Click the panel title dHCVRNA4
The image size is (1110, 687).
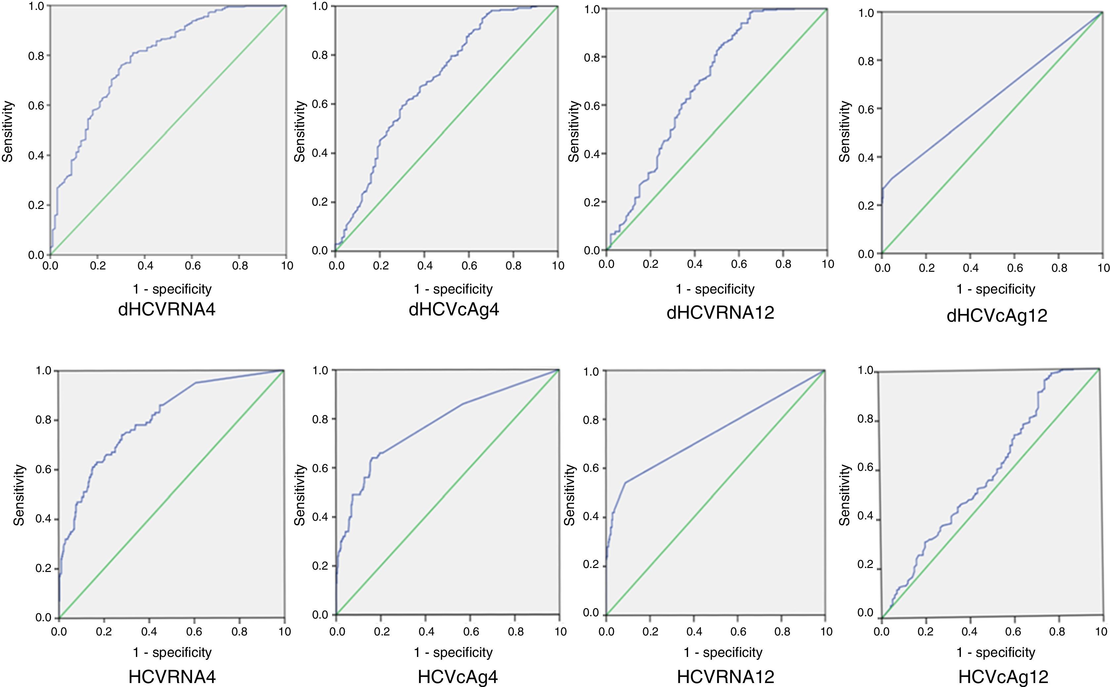coord(166,310)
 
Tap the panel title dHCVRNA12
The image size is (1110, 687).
coord(720,313)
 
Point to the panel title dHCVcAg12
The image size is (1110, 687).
coord(997,316)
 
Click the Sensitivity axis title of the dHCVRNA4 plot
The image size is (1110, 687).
coord(8,132)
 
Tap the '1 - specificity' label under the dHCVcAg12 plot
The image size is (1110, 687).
coord(996,289)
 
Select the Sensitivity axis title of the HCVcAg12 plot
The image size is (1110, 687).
coord(844,495)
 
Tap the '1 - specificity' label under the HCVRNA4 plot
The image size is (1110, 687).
coord(172,653)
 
